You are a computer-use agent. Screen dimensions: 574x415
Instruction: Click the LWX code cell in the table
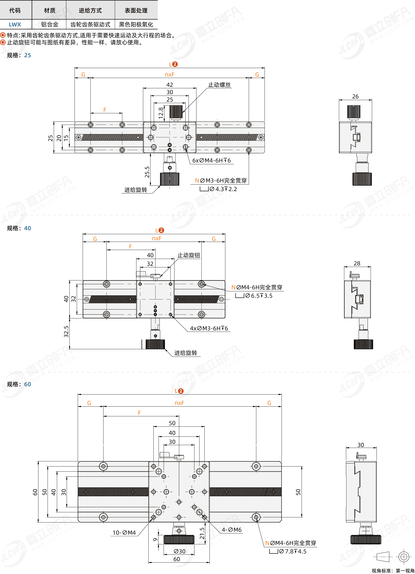[15, 25]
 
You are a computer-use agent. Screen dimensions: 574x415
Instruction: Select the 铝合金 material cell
[50, 25]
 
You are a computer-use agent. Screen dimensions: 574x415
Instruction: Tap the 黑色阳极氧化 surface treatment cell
[136, 25]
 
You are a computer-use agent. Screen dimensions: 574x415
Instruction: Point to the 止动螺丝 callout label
[220, 85]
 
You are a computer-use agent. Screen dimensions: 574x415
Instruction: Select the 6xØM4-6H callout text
[211, 161]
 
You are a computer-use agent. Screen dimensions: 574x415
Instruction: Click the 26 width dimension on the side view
[355, 97]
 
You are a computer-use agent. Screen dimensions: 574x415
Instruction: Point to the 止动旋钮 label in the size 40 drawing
[189, 255]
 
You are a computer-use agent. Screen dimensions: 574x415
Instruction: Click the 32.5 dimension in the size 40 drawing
[66, 331]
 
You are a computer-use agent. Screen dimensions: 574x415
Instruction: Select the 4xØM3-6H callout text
[209, 328]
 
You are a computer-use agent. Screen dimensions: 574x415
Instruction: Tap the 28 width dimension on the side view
[357, 263]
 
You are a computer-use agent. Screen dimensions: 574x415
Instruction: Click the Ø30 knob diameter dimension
[179, 551]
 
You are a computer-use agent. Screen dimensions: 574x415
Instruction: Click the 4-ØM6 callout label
[231, 530]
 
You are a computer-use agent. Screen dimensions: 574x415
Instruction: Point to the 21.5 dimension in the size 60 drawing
[202, 534]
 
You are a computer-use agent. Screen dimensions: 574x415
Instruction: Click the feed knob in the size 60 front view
[179, 540]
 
